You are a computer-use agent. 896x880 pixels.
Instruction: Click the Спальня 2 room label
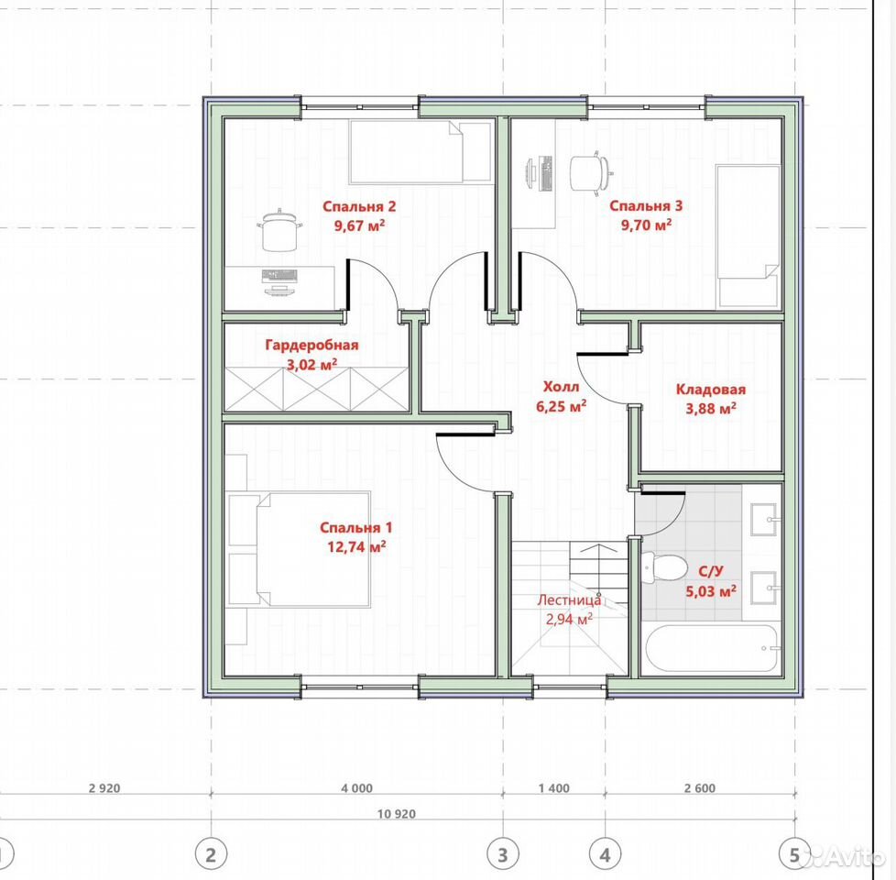pos(359,206)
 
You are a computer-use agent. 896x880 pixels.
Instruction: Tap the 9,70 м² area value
pos(646,225)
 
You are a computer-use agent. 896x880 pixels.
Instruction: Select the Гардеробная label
pos(311,346)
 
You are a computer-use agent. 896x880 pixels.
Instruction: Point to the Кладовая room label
pos(711,390)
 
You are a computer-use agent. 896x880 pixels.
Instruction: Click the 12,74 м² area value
pos(356,546)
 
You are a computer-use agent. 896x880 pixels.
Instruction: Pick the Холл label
pos(561,387)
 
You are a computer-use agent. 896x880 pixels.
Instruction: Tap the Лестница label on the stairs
pos(569,600)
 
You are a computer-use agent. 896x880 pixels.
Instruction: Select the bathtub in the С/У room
pos(712,648)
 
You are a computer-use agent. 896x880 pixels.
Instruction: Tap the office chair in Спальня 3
pos(592,170)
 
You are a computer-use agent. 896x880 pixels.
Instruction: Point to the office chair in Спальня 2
pos(280,230)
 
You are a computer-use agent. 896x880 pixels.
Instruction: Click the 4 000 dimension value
pos(356,788)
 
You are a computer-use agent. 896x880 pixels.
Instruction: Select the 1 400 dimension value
pos(553,788)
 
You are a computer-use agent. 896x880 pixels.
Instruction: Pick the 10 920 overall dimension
pos(396,814)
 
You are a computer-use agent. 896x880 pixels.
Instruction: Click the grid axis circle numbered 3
pos(503,855)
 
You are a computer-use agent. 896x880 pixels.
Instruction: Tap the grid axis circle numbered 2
pos(211,855)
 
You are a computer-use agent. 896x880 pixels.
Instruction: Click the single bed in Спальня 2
pos(420,151)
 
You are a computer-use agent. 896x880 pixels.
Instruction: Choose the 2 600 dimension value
pos(699,788)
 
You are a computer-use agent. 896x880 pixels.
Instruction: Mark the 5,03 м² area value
pos(710,590)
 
